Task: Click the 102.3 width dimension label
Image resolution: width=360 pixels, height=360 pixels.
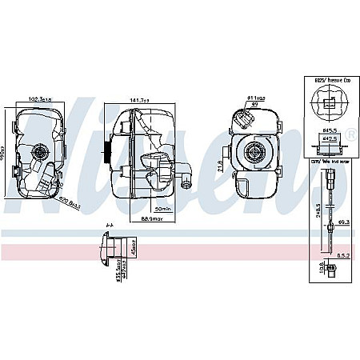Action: point(41,100)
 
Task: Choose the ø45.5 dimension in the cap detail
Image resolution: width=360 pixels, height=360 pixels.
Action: point(329,129)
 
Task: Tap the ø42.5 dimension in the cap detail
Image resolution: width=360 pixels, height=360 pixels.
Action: point(329,139)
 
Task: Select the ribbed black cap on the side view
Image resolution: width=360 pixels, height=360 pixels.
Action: point(107,152)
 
